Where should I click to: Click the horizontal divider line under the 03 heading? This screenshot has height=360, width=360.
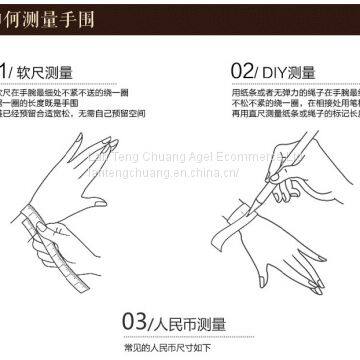[180, 336]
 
